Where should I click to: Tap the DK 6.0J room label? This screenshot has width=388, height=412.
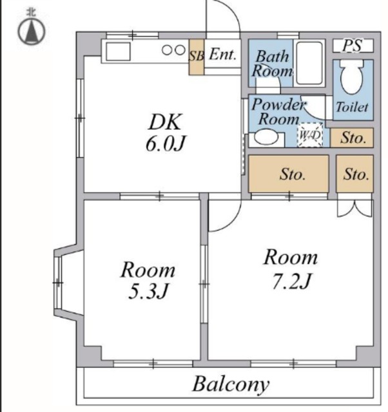point(165,133)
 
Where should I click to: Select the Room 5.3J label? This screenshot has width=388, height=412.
point(148,280)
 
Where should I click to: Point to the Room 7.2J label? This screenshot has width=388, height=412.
point(291,268)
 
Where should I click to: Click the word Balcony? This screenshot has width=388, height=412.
point(231,385)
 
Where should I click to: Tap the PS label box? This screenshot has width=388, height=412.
point(353,46)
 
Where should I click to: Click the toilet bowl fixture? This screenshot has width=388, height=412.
point(352,77)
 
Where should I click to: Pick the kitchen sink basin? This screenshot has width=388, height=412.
point(118,51)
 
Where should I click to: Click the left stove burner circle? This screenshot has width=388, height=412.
point(168,50)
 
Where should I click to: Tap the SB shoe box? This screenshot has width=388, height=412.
point(197,57)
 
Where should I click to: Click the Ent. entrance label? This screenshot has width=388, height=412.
point(222,55)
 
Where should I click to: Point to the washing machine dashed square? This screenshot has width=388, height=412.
point(310,135)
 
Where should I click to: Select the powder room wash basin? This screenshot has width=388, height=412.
point(266,137)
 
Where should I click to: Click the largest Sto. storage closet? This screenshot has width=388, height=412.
point(289,174)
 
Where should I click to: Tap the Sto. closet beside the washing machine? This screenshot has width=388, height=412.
point(352,137)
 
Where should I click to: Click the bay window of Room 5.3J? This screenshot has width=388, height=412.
point(59,283)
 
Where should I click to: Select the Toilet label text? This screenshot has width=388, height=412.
point(352,107)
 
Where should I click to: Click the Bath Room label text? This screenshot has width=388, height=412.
point(272,64)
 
